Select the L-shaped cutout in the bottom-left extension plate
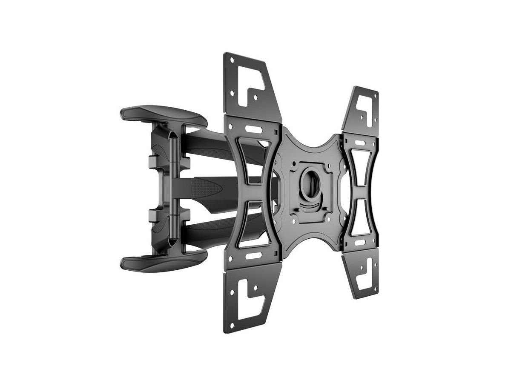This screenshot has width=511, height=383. click(249, 298)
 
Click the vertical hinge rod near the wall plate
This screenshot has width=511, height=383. click(172, 187)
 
